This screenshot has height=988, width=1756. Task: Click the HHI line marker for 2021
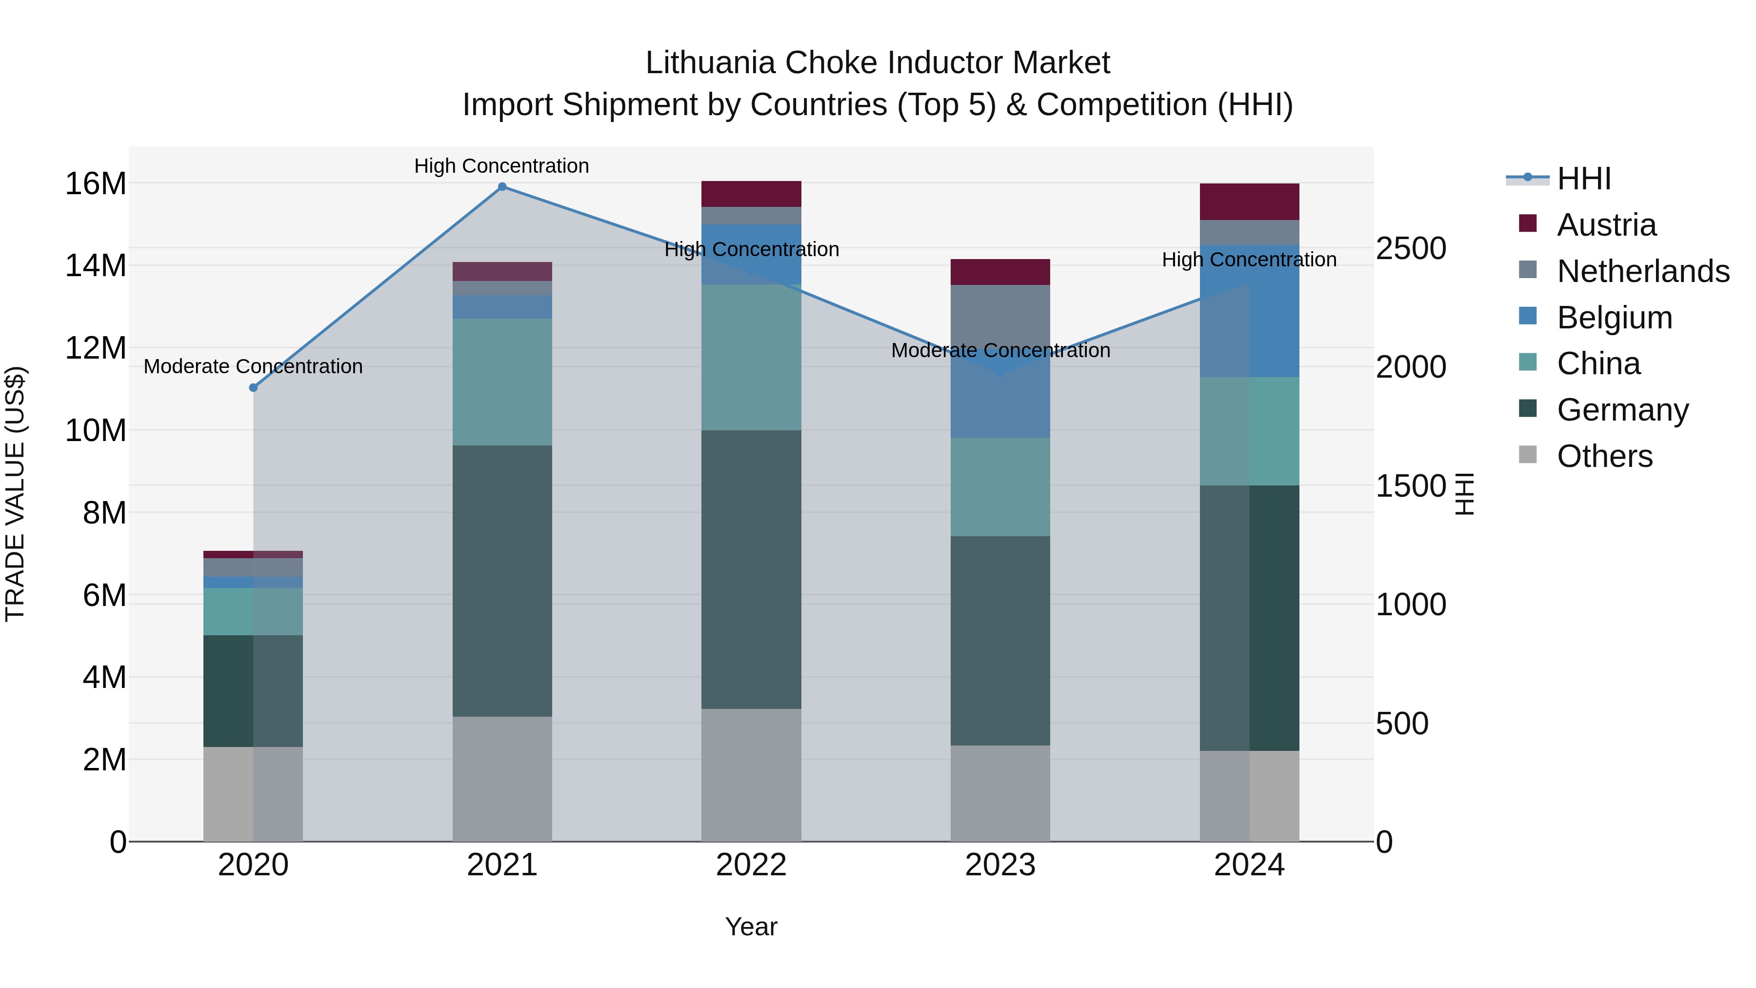click(502, 187)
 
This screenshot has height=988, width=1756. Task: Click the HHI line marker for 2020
click(253, 387)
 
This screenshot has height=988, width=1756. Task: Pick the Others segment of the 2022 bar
click(751, 775)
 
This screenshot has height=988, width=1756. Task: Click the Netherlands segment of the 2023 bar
click(1000, 317)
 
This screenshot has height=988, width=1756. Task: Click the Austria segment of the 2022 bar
click(751, 194)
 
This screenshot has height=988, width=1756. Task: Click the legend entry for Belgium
click(1614, 318)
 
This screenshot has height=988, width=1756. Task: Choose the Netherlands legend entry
click(1643, 271)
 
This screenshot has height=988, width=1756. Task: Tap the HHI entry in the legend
click(1583, 179)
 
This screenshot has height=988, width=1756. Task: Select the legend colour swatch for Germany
click(1528, 409)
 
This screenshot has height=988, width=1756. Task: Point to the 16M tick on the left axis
click(96, 184)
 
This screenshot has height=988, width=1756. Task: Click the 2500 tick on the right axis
click(1410, 248)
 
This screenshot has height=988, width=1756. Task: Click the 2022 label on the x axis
click(751, 865)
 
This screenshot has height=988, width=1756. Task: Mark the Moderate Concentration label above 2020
click(253, 367)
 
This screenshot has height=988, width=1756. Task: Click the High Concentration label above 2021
click(502, 166)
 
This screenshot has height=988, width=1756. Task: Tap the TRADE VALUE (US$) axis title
click(15, 494)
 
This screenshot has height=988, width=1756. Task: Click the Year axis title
click(751, 927)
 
